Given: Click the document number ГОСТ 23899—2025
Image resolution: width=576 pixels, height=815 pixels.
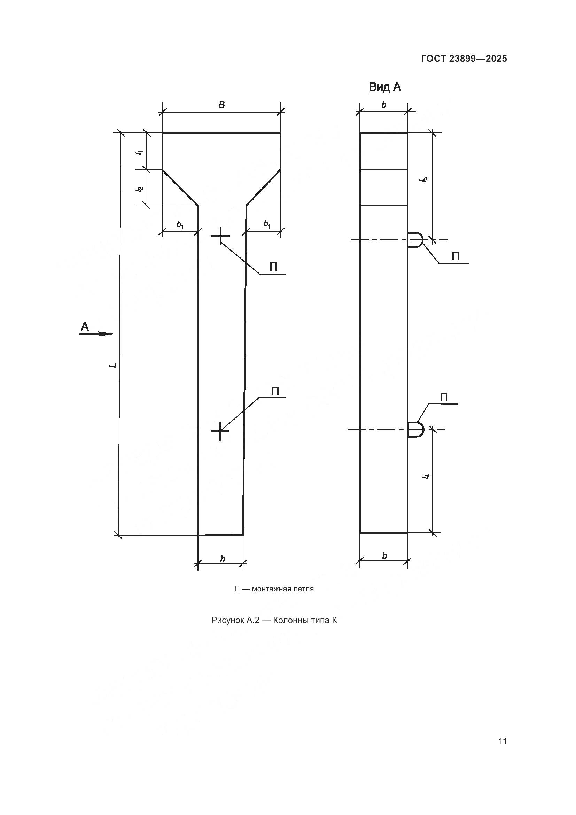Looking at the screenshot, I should click(x=464, y=59).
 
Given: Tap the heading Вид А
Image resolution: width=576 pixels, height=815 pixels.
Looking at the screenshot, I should click(x=385, y=87).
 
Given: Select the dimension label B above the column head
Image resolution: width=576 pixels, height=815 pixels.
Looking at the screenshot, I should click(x=222, y=105).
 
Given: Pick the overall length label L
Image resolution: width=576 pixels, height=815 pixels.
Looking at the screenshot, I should click(x=113, y=364).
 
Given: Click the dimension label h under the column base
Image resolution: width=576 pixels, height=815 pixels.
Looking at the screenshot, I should click(x=223, y=559).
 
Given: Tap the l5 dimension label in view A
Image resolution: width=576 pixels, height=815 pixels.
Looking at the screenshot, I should click(x=424, y=179).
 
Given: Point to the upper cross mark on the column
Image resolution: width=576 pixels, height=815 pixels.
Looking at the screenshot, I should click(x=220, y=235).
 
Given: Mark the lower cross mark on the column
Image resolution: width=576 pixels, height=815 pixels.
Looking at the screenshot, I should click(x=220, y=431).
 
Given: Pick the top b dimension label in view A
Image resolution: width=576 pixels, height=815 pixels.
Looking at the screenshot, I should click(x=384, y=105).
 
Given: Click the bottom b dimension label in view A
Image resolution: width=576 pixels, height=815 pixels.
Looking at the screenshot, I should click(x=384, y=556).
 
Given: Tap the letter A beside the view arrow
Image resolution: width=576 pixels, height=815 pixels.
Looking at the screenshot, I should click(x=85, y=326).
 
